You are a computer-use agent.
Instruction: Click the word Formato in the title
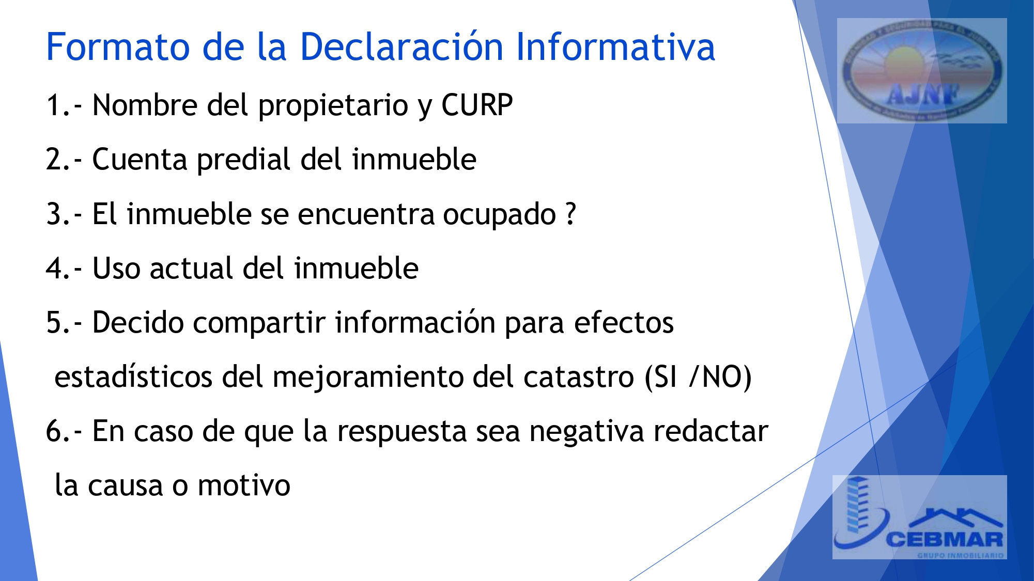pyautogui.click(x=118, y=47)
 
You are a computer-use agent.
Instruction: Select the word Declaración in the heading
pyautogui.click(x=402, y=47)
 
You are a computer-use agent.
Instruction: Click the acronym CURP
pyautogui.click(x=476, y=105)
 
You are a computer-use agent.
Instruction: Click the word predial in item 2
pyautogui.click(x=244, y=160)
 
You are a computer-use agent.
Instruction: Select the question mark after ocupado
pyautogui.click(x=570, y=214)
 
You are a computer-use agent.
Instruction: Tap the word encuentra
pyautogui.click(x=366, y=214)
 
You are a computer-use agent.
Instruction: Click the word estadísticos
pyautogui.click(x=133, y=377)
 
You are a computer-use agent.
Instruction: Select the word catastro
pyautogui.click(x=578, y=377)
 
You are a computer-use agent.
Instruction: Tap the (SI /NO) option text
pyautogui.click(x=698, y=377)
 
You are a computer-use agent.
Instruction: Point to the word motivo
pyautogui.click(x=244, y=485)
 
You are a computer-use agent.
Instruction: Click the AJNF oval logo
pyautogui.click(x=921, y=71)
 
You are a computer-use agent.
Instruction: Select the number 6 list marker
pyautogui.click(x=54, y=431)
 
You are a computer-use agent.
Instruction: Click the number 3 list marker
pyautogui.click(x=54, y=214)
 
